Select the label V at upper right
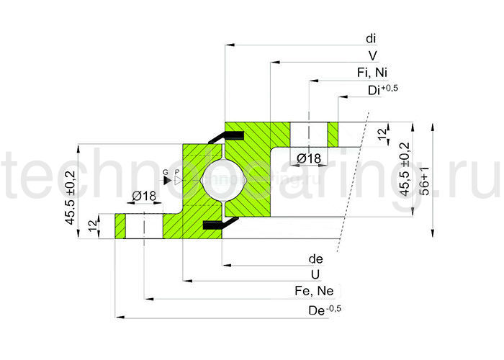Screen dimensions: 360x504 372,55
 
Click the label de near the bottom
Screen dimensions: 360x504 315,259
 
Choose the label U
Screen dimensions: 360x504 315,275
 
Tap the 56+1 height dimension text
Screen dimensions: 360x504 426,180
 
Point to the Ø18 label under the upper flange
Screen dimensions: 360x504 308,158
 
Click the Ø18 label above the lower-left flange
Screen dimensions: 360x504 144,196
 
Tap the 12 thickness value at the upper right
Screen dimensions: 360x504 382,133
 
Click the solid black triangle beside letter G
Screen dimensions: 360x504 167,179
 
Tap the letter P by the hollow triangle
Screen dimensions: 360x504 176,171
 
